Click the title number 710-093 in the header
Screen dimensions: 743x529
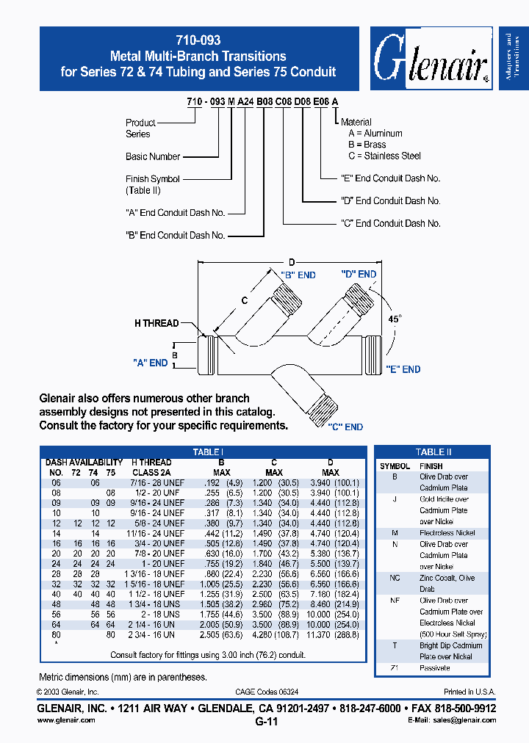pyautogui.click(x=198, y=41)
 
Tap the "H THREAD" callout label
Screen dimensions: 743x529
pyautogui.click(x=156, y=323)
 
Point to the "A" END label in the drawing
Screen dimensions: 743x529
pyautogui.click(x=151, y=363)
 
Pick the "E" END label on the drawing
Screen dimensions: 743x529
pyautogui.click(x=401, y=369)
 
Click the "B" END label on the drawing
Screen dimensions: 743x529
pyautogui.click(x=298, y=275)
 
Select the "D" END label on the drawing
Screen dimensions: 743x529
pyautogui.click(x=359, y=274)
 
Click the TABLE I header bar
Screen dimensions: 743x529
pyautogui.click(x=208, y=453)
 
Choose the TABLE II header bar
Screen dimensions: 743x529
pyautogui.click(x=433, y=452)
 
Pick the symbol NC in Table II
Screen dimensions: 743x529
pyautogui.click(x=395, y=578)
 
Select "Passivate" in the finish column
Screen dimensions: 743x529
pyautogui.click(x=434, y=668)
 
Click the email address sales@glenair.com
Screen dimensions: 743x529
pyautogui.click(x=456, y=721)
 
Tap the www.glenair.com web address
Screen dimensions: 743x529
pyautogui.click(x=66, y=721)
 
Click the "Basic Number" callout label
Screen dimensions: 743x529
pyautogui.click(x=153, y=156)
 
